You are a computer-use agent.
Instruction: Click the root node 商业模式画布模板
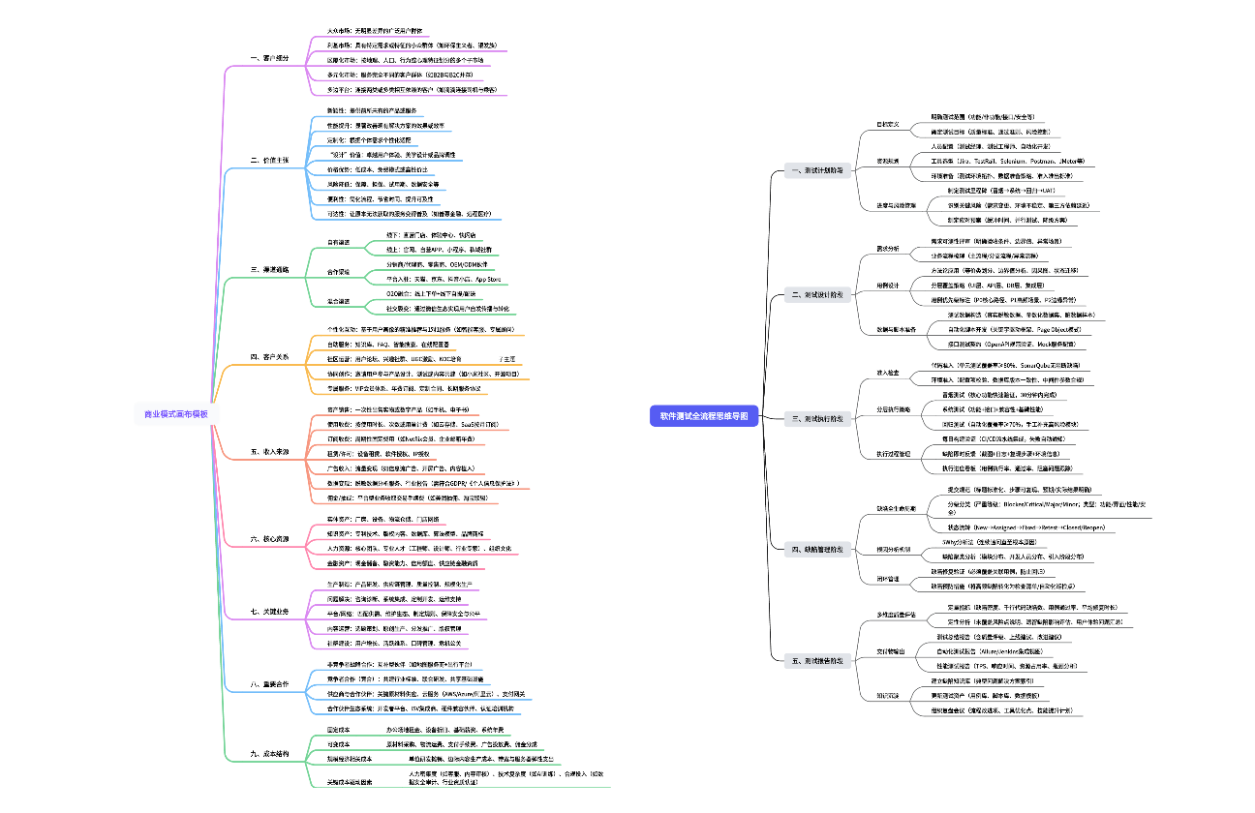(182, 414)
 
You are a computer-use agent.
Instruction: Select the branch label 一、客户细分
(268, 58)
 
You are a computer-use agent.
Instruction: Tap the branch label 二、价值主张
(268, 159)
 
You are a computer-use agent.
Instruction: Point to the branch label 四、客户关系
(268, 357)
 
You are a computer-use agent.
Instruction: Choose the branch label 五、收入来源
(268, 451)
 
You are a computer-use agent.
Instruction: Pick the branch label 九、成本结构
(268, 752)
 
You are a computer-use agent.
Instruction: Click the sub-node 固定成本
(340, 728)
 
